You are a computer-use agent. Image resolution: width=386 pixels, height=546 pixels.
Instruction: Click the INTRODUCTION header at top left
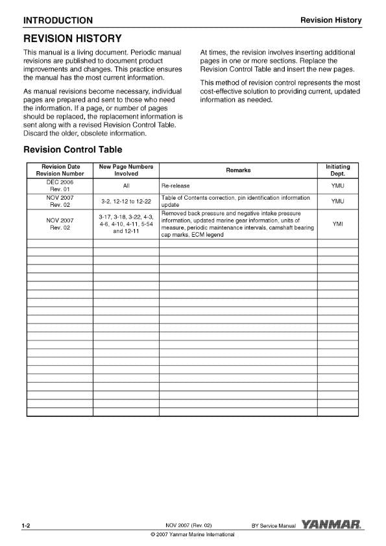[x=58, y=20]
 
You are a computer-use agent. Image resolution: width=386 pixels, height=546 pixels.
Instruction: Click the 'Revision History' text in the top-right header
[x=331, y=20]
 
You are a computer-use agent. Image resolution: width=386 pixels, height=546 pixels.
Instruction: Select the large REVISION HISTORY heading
[x=72, y=39]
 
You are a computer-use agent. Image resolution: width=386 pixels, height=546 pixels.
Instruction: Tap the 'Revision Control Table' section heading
[x=72, y=150]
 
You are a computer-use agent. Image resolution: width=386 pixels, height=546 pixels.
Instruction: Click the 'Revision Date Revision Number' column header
[x=59, y=171]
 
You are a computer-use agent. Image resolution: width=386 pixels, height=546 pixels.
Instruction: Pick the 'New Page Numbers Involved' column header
[x=126, y=171]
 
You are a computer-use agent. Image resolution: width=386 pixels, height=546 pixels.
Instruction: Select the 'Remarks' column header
[x=238, y=171]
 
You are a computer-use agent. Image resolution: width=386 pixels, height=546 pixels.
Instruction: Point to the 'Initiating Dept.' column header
[x=337, y=171]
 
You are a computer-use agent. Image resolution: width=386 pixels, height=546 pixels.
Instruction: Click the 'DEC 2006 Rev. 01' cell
[x=59, y=185]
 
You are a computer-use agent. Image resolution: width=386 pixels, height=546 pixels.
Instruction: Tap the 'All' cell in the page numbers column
[x=126, y=185]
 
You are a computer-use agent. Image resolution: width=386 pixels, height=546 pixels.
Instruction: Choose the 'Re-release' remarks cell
[x=176, y=185]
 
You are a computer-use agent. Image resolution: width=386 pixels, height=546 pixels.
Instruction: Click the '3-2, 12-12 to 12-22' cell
[x=126, y=201]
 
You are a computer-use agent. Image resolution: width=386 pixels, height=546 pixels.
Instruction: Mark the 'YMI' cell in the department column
[x=337, y=224]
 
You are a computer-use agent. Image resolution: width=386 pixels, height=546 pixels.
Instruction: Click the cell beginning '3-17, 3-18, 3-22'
[x=126, y=224]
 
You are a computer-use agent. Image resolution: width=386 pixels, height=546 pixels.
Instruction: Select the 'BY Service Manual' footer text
[x=273, y=525]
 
